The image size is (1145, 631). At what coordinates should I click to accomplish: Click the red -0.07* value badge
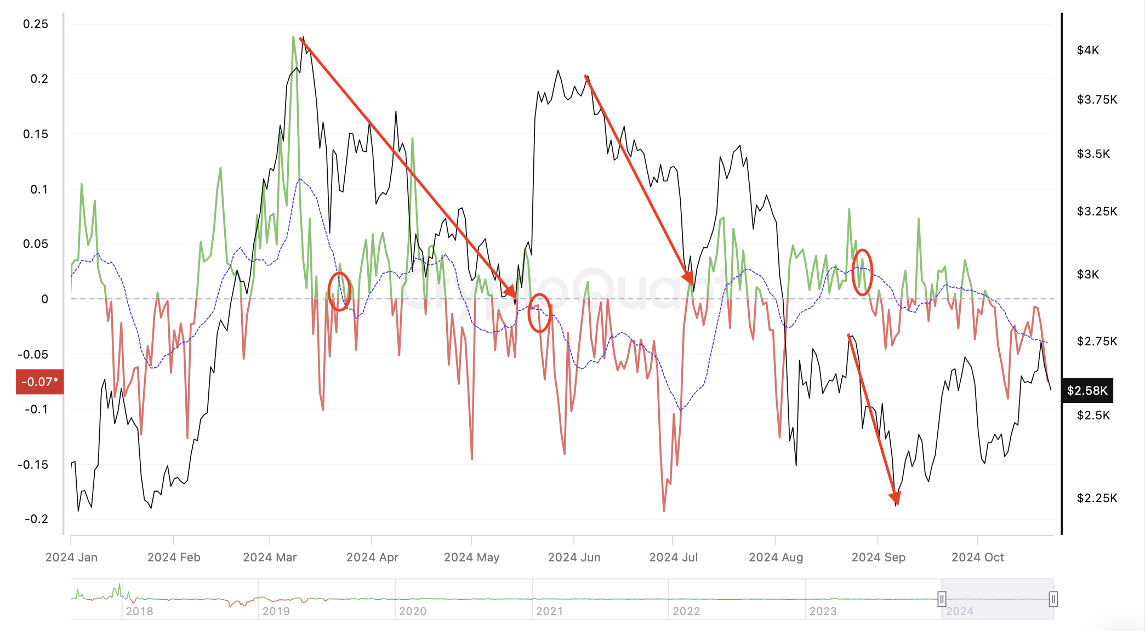[x=40, y=382]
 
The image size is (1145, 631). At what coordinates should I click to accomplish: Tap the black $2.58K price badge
[x=1087, y=390]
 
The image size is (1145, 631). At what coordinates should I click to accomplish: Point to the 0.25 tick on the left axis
[x=36, y=24]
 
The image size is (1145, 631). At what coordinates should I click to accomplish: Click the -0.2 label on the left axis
[x=36, y=519]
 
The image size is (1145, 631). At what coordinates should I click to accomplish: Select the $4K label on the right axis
[x=1087, y=50]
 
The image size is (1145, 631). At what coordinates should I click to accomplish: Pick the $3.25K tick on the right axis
[x=1097, y=212]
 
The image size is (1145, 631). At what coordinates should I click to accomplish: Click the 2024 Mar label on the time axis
[x=270, y=558]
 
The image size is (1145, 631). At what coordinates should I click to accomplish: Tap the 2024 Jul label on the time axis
[x=673, y=558]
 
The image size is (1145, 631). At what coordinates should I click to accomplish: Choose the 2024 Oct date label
[x=977, y=558]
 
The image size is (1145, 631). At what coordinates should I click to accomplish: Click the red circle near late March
[x=339, y=291]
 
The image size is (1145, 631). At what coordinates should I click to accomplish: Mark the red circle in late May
[x=539, y=313]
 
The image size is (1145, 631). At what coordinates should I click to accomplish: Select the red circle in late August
[x=862, y=272]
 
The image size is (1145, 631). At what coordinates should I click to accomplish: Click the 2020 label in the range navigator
[x=412, y=611]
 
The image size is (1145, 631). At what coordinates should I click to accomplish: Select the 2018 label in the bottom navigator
[x=139, y=611]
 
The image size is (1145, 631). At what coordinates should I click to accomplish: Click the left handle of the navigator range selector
[x=942, y=599]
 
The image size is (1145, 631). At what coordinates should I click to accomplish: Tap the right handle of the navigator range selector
[x=1053, y=599]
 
